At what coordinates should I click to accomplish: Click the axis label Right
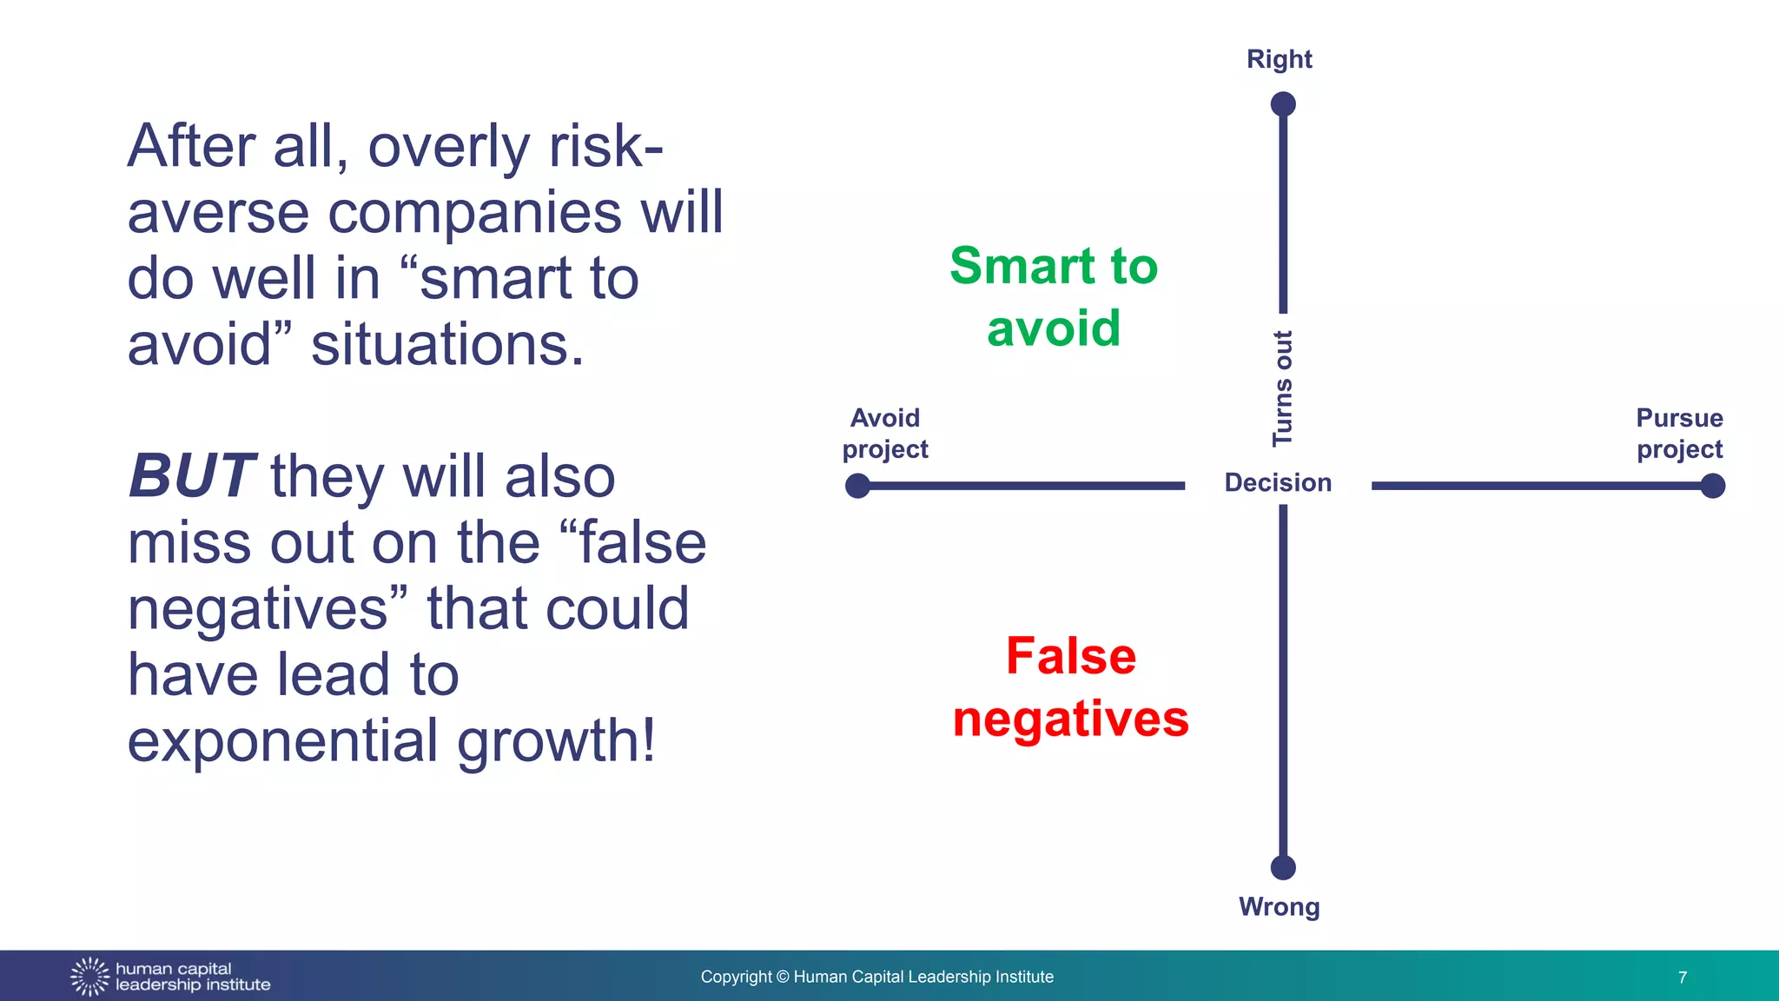click(1279, 59)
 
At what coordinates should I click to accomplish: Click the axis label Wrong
click(1279, 906)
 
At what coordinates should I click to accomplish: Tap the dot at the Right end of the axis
click(1283, 104)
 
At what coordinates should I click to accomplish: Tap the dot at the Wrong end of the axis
click(1283, 867)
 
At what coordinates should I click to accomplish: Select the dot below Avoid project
click(857, 486)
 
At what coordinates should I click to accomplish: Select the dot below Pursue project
click(1712, 486)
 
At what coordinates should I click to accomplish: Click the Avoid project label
click(885, 434)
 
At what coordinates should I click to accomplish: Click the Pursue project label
click(1679, 434)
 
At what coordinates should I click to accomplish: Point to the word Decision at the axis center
click(1278, 483)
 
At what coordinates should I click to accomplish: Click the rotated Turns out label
click(1283, 388)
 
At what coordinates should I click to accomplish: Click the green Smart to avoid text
click(1054, 296)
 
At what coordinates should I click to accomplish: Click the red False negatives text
click(1070, 686)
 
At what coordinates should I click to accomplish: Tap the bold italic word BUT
click(191, 476)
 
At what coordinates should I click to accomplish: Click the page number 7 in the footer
click(1683, 978)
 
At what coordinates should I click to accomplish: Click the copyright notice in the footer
click(876, 977)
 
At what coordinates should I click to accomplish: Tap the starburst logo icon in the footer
click(89, 977)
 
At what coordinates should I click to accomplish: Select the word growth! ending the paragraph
click(556, 741)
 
